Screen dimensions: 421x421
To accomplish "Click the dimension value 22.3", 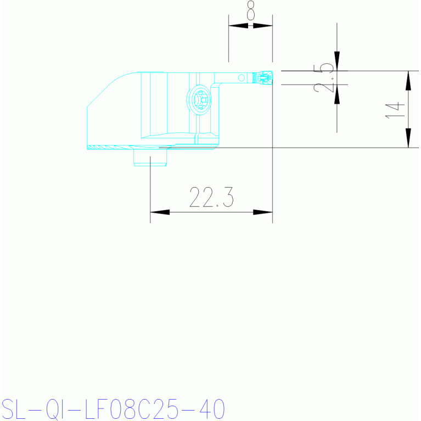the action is (211, 198).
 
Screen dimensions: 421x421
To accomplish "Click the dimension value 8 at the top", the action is (250, 10).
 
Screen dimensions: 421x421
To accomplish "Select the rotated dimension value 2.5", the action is (323, 78).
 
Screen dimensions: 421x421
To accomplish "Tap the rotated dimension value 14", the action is (395, 110).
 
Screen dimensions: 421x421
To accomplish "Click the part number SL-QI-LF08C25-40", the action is (113, 409).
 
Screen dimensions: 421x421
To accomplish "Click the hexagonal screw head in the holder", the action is (200, 100).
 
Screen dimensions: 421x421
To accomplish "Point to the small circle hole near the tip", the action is (242, 77).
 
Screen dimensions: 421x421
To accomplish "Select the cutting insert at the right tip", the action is (265, 77).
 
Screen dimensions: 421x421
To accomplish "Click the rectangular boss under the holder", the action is (150, 158).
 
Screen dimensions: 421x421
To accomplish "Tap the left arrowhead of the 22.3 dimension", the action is (160, 212).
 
